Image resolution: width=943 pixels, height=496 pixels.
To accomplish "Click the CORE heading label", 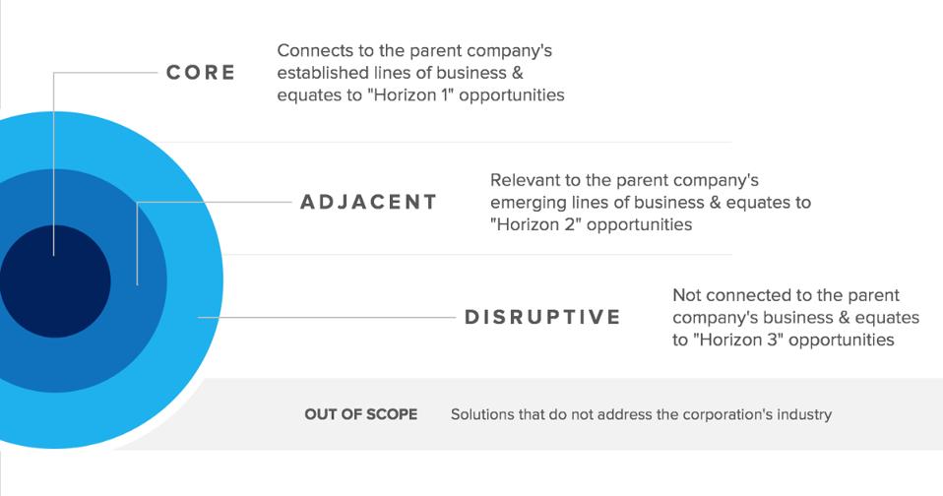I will (200, 74).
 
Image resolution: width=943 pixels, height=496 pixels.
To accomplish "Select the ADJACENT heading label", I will (368, 203).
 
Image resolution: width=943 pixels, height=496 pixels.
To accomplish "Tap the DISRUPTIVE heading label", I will (542, 317).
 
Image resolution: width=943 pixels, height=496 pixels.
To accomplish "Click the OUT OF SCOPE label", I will (360, 414).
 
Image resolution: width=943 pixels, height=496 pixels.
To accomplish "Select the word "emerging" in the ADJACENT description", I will (530, 203).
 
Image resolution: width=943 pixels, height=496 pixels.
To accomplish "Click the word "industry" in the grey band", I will (802, 414).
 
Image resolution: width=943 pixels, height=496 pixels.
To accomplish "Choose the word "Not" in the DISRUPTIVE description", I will (686, 295).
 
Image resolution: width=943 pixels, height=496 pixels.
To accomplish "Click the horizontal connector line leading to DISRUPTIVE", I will (325, 317).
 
